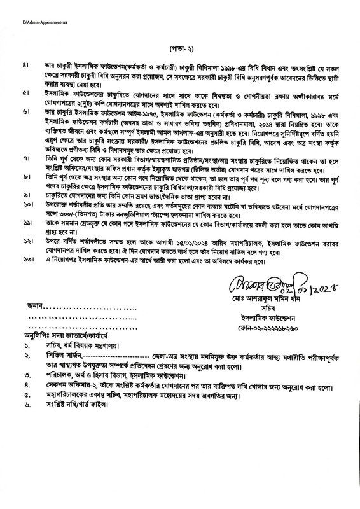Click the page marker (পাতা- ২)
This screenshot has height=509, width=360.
point(180,48)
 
